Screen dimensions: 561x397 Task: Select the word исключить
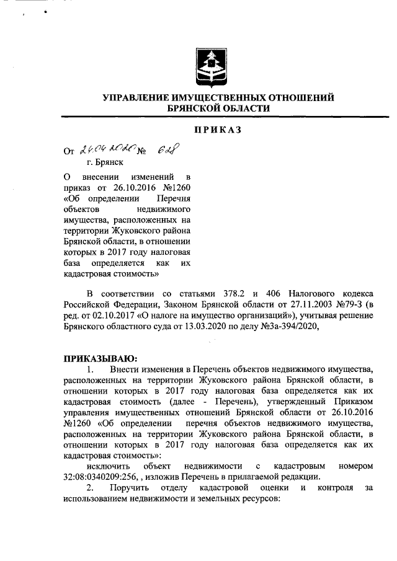tap(109, 465)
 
